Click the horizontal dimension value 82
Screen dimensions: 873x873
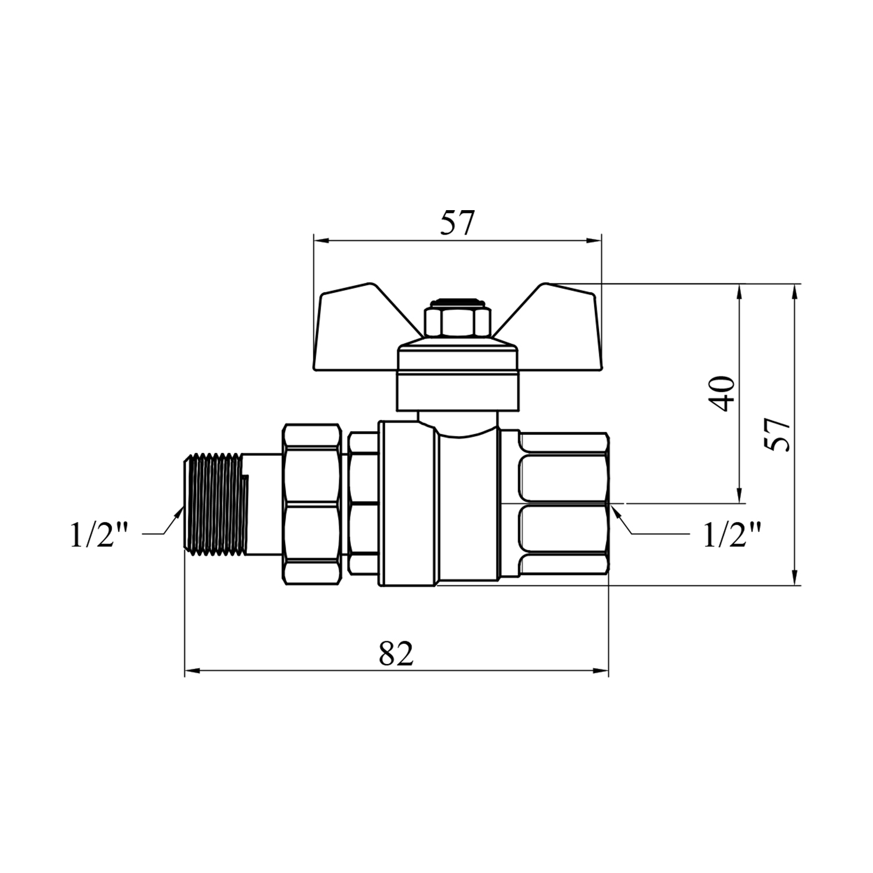pos(396,654)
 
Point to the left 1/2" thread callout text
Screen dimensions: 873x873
pos(98,535)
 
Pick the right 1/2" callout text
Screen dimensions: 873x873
pos(732,535)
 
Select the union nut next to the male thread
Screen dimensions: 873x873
pos(311,503)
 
